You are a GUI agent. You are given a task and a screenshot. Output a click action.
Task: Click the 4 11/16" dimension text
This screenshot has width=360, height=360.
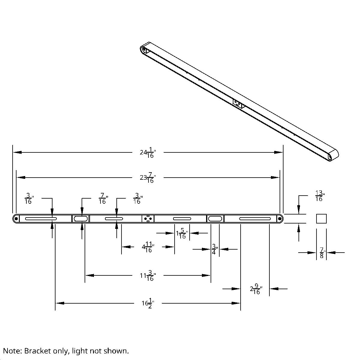pos(148,247)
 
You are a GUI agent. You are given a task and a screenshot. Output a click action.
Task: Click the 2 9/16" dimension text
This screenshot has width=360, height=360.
pos(256,289)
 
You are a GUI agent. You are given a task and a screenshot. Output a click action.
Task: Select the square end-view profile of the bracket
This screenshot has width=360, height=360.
pos(321,219)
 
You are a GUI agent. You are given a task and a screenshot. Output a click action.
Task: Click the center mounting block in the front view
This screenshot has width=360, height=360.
pos(148,219)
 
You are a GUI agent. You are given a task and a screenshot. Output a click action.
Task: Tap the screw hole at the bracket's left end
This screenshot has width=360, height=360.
pos(16,219)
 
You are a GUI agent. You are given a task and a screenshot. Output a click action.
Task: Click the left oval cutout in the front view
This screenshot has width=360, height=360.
pos(81,219)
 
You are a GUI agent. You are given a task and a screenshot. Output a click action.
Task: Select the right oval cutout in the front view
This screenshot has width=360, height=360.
pos(215,219)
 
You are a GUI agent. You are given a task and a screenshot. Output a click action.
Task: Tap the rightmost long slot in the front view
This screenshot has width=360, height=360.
pos(255,219)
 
